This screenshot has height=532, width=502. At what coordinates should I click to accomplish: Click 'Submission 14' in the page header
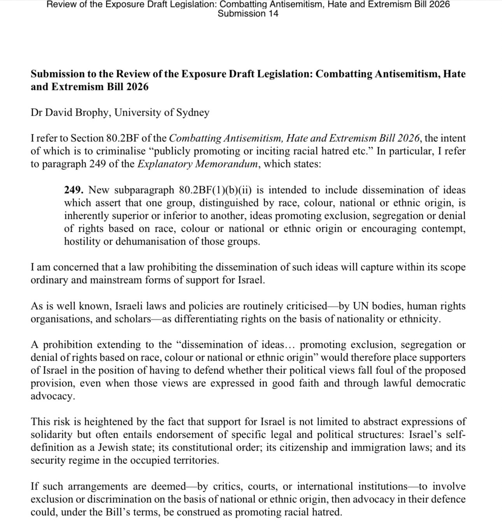click(x=248, y=14)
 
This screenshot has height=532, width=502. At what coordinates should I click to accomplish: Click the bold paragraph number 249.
click(x=74, y=190)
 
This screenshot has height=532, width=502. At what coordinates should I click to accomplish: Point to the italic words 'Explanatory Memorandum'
click(x=197, y=164)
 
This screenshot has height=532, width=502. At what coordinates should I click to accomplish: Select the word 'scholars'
click(x=133, y=319)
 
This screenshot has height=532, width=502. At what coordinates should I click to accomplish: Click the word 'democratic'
click(x=441, y=383)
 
